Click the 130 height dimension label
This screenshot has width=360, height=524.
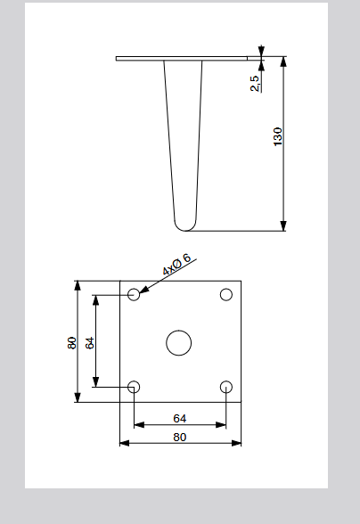coord(278,136)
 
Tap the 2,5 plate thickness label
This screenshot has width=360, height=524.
coord(255,83)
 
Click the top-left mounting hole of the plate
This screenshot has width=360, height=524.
coord(134,294)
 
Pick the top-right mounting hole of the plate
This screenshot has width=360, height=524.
coord(226,294)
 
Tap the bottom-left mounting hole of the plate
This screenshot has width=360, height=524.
coord(134,387)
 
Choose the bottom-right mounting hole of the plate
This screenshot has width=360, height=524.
coord(226,387)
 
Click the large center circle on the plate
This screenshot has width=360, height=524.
coord(179,343)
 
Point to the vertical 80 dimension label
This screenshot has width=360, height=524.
coord(72,343)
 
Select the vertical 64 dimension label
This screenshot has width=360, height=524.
coord(90,343)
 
